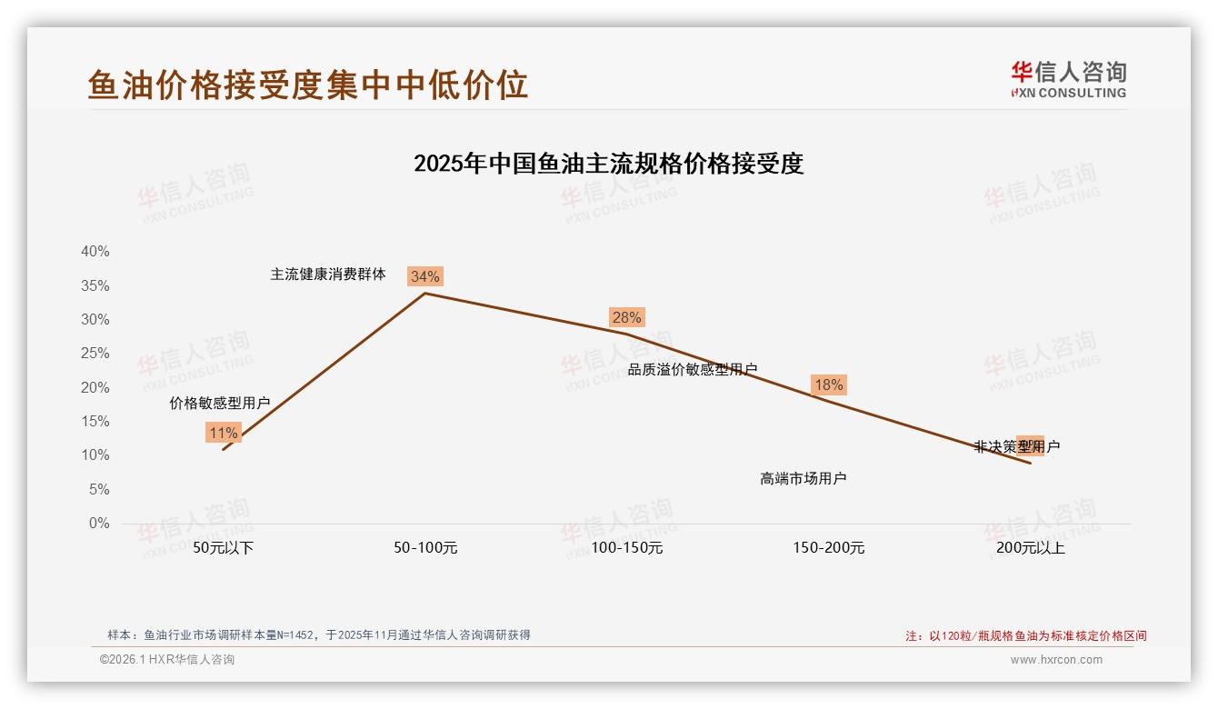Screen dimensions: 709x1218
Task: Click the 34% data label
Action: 424,276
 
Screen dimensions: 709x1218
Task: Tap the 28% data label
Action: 626,317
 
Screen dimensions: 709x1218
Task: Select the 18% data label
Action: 828,384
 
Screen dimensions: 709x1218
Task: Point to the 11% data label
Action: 223,433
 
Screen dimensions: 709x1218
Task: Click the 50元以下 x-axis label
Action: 223,548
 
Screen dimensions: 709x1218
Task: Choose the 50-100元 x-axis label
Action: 425,548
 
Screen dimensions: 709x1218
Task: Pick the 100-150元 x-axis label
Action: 627,548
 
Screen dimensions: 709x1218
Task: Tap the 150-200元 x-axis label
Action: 829,548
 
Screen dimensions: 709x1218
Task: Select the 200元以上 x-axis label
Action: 1031,548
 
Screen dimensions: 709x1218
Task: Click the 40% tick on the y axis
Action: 95,252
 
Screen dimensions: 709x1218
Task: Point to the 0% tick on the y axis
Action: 99,524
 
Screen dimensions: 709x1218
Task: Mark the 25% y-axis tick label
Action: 95,354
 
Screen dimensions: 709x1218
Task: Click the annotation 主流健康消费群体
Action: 328,274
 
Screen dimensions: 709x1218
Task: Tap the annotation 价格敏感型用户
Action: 220,403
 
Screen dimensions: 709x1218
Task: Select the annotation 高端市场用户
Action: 804,478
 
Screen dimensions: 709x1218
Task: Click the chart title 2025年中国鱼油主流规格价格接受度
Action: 608,164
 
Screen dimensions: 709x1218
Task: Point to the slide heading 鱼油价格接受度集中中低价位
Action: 308,85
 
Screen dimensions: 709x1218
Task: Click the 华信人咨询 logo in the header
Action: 1068,79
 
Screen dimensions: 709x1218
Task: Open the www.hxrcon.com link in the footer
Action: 1056,660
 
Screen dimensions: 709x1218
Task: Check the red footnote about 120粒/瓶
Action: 1026,635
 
